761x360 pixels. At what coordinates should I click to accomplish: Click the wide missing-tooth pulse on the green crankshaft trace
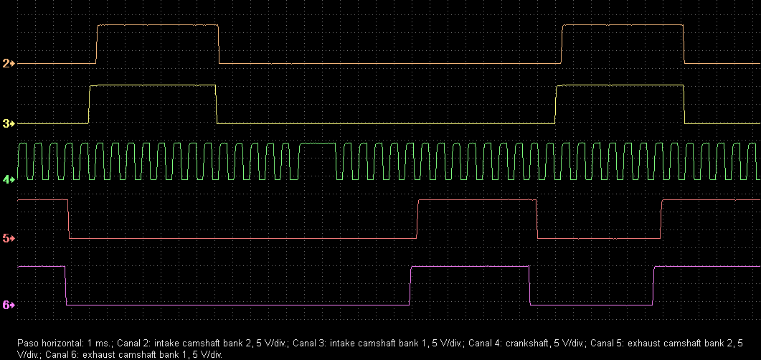pos(318,144)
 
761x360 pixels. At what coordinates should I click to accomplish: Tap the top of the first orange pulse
pos(158,25)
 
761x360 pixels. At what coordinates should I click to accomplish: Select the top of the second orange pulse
pos(623,25)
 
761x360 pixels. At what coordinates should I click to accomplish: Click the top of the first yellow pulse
pos(152,85)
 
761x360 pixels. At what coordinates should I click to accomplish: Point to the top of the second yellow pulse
pos(619,85)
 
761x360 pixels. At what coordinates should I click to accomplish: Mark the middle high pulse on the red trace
pos(476,201)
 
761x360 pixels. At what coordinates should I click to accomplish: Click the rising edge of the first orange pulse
pos(97,44)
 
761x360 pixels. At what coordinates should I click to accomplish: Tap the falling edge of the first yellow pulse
pos(216,105)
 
